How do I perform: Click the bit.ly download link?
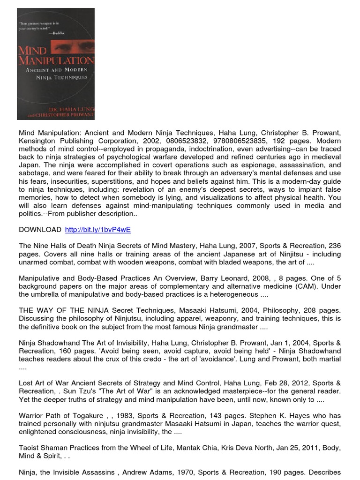[97, 229]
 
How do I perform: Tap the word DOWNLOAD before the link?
[40, 229]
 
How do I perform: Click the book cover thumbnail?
[56, 64]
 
